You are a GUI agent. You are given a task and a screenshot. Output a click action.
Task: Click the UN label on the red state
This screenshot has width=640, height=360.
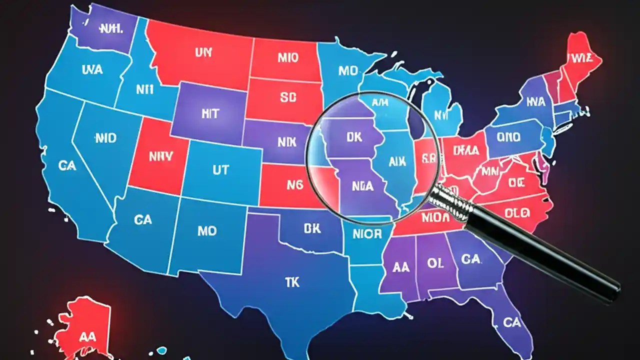203,52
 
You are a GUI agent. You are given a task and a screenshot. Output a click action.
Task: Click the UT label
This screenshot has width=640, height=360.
220,170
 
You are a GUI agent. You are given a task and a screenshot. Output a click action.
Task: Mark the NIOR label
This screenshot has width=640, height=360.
367,233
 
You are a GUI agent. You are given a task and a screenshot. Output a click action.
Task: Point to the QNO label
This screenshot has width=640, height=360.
508,136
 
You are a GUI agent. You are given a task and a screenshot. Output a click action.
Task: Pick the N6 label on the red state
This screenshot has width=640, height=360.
295,184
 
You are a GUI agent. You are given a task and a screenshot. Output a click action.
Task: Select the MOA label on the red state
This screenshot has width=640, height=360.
435,217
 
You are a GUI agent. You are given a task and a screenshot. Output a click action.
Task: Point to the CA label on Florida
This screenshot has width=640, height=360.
511,322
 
